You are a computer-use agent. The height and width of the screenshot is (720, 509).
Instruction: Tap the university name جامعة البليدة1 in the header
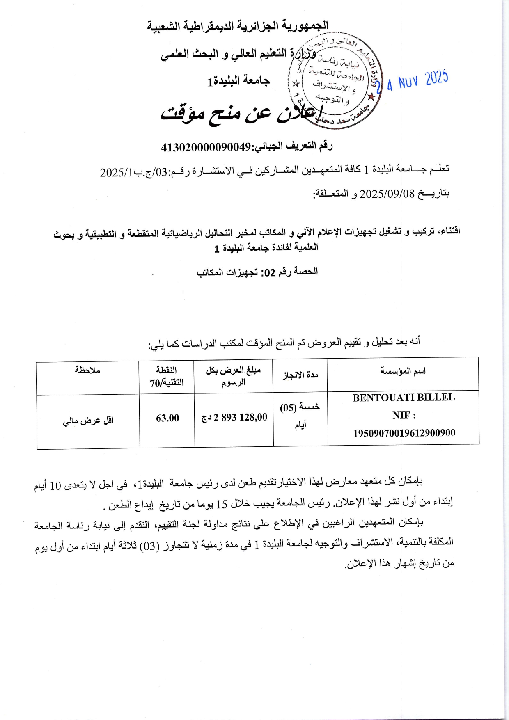pos(238,80)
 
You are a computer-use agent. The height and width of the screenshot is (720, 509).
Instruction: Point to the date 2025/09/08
pos(387,193)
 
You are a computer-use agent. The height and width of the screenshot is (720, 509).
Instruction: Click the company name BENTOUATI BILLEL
pos(404,398)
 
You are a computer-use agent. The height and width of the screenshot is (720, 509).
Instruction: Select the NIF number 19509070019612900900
pos(404,433)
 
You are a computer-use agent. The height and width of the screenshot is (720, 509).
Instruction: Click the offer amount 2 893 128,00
pos(240,417)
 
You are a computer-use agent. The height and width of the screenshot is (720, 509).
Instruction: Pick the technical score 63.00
pos(167,418)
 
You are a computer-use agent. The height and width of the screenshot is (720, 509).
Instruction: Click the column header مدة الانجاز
pos(300,375)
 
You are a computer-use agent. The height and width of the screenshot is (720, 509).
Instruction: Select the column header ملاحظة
pos(87,370)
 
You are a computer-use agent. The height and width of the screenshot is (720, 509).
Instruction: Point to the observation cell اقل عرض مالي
pos(88,421)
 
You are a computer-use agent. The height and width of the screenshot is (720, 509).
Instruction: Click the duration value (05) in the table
pos(288,407)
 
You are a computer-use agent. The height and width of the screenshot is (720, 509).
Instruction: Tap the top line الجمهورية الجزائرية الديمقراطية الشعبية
pos(238,26)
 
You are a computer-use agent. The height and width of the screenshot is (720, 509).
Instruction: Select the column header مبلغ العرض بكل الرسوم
pos(233,376)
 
